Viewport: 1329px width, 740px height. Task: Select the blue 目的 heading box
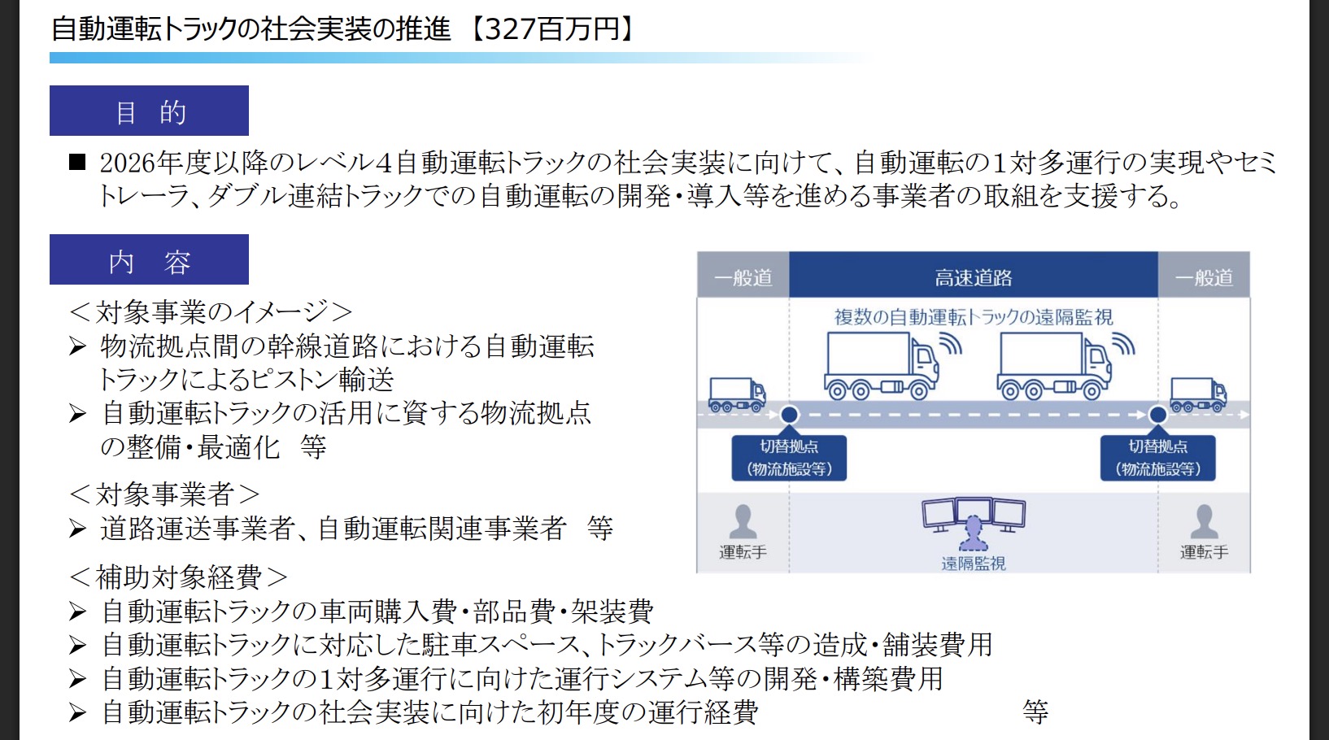click(x=149, y=111)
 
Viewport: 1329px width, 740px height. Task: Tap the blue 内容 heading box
click(x=149, y=259)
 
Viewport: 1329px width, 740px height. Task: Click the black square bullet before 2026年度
click(x=77, y=161)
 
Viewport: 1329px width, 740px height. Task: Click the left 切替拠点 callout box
click(x=789, y=458)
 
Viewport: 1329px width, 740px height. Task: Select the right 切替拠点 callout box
click(x=1157, y=458)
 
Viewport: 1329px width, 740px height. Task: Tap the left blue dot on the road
click(x=789, y=415)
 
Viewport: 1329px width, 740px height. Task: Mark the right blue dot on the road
click(x=1157, y=415)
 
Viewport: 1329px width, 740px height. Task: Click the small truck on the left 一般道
click(x=738, y=394)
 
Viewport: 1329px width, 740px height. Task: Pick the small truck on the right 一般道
click(x=1199, y=394)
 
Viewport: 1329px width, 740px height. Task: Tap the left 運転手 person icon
click(x=743, y=521)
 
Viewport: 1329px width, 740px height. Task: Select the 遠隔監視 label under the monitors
click(x=973, y=564)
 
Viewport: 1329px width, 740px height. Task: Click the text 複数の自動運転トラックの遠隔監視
click(x=973, y=317)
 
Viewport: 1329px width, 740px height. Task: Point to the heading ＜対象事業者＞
click(x=163, y=494)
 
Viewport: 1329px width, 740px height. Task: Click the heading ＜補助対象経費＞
click(x=178, y=577)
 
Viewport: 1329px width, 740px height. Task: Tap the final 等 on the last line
click(x=1035, y=712)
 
